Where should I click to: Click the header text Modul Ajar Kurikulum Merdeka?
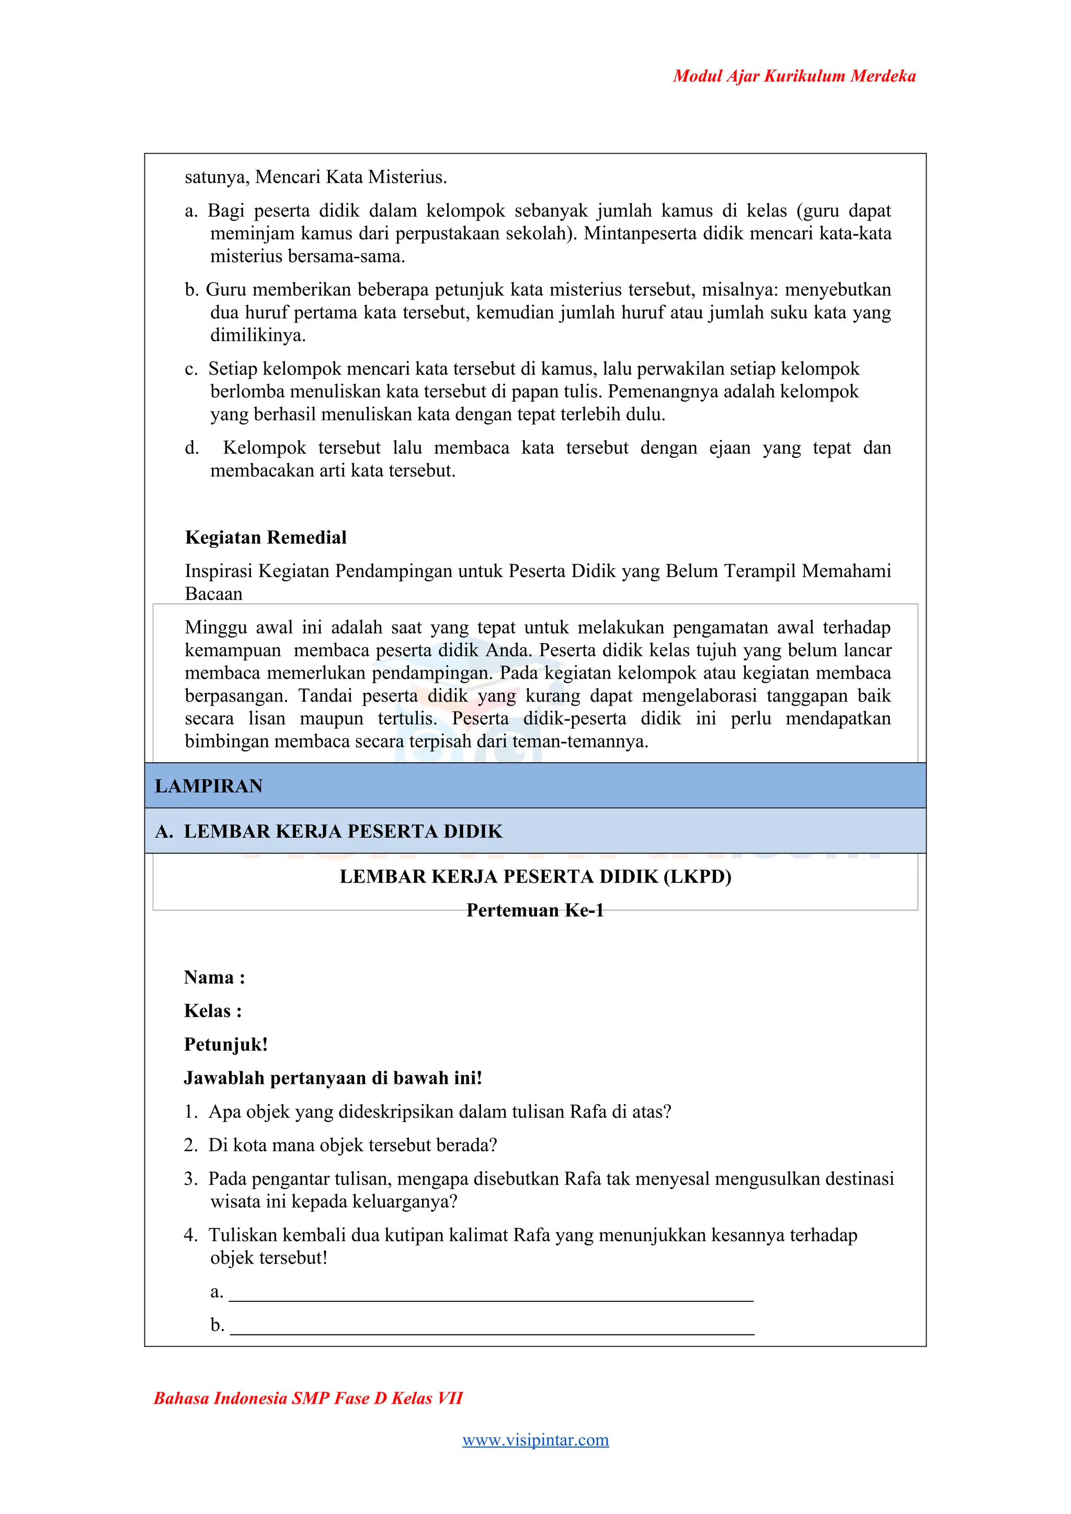(x=794, y=76)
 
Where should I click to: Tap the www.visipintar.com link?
(x=535, y=1439)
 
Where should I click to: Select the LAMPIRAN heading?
(x=209, y=786)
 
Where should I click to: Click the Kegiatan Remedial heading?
(x=266, y=537)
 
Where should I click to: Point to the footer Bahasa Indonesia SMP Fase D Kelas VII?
(x=308, y=1398)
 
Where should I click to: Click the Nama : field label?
(x=214, y=977)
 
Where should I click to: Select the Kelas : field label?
(x=213, y=1011)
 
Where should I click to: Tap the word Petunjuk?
(x=225, y=1045)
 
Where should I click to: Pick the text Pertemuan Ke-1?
(x=535, y=911)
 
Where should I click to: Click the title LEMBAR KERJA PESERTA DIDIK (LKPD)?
(x=535, y=877)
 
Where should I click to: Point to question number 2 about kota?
(x=352, y=1145)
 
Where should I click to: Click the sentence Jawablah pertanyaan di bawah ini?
(x=333, y=1078)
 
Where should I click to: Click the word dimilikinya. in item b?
(x=258, y=336)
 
